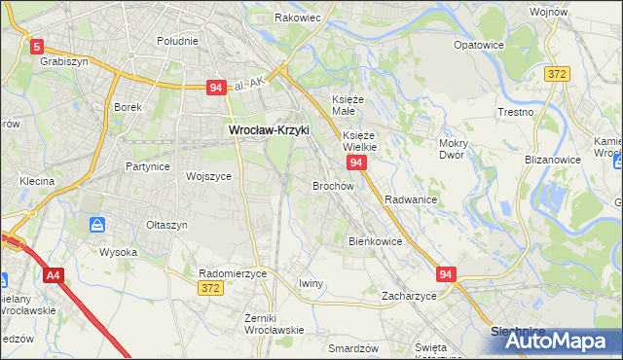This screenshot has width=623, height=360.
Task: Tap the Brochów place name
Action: click(x=333, y=185)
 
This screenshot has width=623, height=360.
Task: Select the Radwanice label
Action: click(x=410, y=198)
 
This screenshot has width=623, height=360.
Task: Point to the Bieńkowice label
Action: click(x=376, y=240)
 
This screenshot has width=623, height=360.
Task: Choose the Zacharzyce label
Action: click(x=409, y=295)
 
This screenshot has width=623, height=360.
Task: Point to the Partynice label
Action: click(x=148, y=166)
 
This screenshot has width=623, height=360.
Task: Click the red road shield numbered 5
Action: click(x=37, y=46)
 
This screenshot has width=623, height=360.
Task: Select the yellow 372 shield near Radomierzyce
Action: click(x=209, y=288)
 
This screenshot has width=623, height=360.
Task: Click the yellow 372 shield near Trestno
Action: click(x=557, y=74)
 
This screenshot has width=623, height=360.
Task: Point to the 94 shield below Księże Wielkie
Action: click(x=356, y=162)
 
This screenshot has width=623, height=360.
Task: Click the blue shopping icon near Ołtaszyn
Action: click(x=97, y=225)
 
